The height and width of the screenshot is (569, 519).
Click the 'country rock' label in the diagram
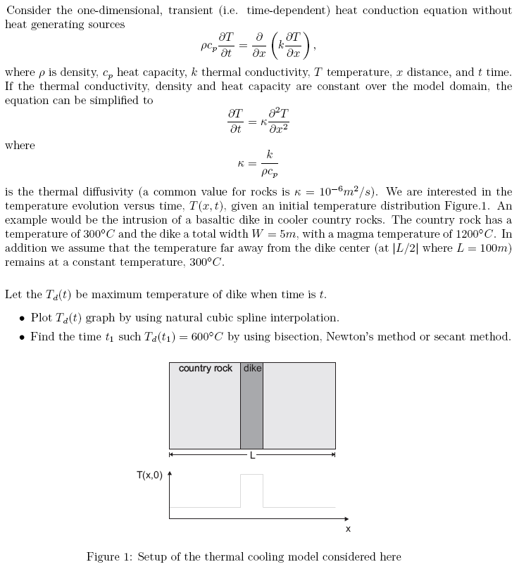pos(205,369)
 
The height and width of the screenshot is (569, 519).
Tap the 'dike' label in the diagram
pos(251,369)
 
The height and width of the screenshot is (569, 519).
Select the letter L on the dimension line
pos(252,455)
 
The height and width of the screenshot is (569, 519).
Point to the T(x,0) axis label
pos(149,475)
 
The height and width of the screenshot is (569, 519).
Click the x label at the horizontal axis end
pos(348,528)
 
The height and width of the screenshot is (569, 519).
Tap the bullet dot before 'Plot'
pos(22,318)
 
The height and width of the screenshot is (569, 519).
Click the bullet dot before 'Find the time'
pos(22,337)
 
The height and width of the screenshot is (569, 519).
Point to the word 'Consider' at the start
pos(28,10)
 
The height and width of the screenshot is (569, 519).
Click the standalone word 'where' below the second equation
pos(20,146)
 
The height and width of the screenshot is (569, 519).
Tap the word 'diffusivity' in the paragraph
pos(105,192)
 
